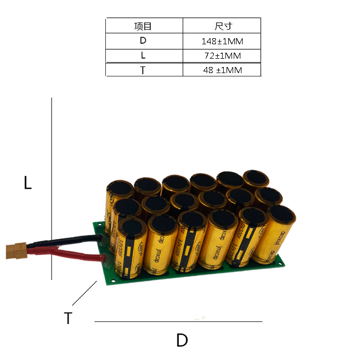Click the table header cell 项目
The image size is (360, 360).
click(x=143, y=26)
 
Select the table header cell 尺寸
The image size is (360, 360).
click(x=222, y=26)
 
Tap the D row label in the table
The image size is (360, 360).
click(x=143, y=41)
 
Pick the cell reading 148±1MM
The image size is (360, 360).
click(x=222, y=41)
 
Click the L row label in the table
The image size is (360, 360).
click(x=143, y=56)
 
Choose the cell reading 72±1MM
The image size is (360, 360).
click(x=222, y=56)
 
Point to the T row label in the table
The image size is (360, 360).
click(x=143, y=70)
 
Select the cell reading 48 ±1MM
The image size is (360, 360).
click(x=222, y=70)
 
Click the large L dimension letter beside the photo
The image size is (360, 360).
click(x=28, y=183)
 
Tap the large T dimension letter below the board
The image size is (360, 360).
click(x=68, y=318)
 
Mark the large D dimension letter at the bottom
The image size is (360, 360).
click(x=182, y=340)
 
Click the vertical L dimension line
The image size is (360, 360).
click(x=52, y=188)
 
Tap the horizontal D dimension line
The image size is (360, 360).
click(x=177, y=321)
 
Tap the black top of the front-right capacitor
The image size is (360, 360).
click(x=281, y=214)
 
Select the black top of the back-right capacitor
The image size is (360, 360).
click(x=256, y=177)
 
